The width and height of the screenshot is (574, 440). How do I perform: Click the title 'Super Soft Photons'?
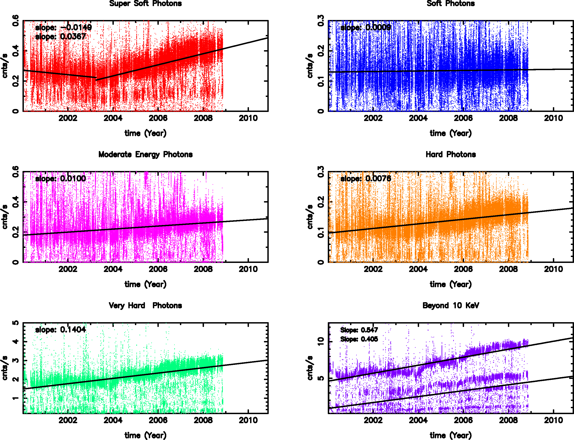[145, 3]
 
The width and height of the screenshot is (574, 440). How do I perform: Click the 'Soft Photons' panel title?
[451, 3]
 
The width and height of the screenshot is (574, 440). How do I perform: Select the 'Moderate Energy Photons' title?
[145, 155]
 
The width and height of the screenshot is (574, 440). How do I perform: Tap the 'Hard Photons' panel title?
[451, 155]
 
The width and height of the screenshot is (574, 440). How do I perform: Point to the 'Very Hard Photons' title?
[145, 305]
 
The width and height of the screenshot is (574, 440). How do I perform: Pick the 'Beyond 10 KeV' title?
[451, 305]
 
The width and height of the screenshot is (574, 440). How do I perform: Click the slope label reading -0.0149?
[63, 27]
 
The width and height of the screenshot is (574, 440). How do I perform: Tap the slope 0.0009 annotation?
[365, 27]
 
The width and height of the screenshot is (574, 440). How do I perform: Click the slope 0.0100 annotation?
[60, 179]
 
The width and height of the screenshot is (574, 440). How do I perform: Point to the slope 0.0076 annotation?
[365, 179]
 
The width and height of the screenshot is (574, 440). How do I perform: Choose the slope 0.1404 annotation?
[60, 329]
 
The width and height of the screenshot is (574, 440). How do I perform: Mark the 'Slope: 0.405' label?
[359, 339]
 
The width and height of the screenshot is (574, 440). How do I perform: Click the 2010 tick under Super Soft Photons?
[248, 118]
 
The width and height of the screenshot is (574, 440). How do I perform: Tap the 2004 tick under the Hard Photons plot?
[418, 269]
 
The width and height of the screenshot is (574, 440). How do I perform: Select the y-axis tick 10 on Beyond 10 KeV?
[321, 341]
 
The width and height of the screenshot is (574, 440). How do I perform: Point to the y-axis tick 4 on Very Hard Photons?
[16, 341]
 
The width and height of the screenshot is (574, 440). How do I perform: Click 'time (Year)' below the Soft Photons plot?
[451, 133]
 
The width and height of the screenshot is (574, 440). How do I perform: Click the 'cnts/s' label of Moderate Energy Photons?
[5, 217]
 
